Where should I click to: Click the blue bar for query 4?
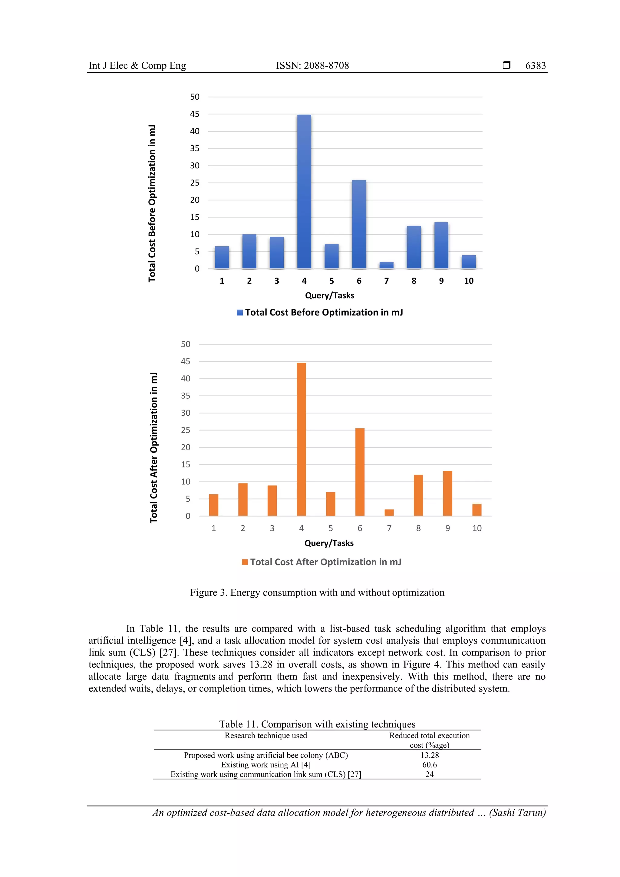pos(304,192)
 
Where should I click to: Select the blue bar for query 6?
pos(359,224)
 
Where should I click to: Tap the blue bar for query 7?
pos(386,265)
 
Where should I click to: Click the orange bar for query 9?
pos(447,493)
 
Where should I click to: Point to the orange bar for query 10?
pos(477,509)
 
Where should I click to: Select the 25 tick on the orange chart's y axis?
pos(185,430)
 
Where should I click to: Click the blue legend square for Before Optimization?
pos(239,312)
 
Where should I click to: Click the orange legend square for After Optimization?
pos(245,562)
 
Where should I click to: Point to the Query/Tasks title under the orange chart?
pos(328,543)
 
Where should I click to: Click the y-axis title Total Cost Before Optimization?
pos(152,203)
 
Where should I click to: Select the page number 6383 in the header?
pos(535,66)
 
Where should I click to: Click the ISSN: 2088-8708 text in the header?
pos(312,66)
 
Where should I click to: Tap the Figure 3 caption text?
pos(317,592)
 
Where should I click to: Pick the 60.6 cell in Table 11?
pos(429,765)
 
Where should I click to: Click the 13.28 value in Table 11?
pos(429,755)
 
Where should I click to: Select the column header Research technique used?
pos(265,736)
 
